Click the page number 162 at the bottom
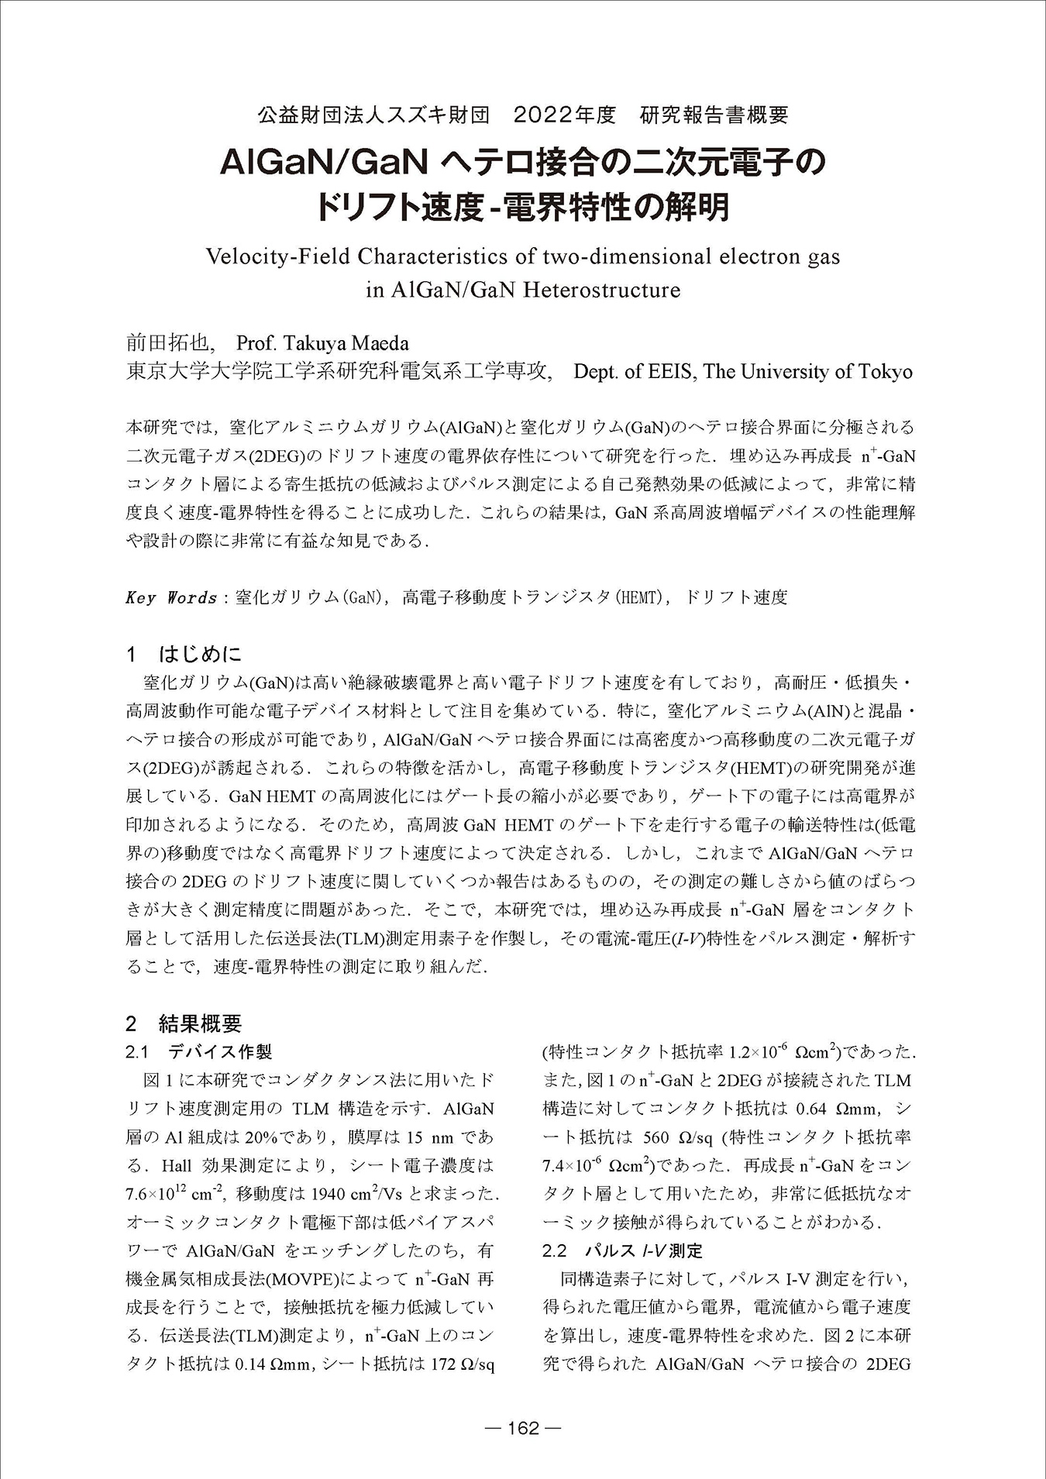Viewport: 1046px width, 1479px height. tap(522, 1428)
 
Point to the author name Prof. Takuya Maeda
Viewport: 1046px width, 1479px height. tap(322, 343)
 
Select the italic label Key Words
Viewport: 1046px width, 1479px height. tap(170, 597)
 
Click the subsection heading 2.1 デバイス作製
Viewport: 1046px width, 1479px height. tap(199, 1052)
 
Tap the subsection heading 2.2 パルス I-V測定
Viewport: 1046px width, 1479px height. tap(623, 1250)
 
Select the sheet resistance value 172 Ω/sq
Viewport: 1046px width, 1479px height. tap(462, 1364)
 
